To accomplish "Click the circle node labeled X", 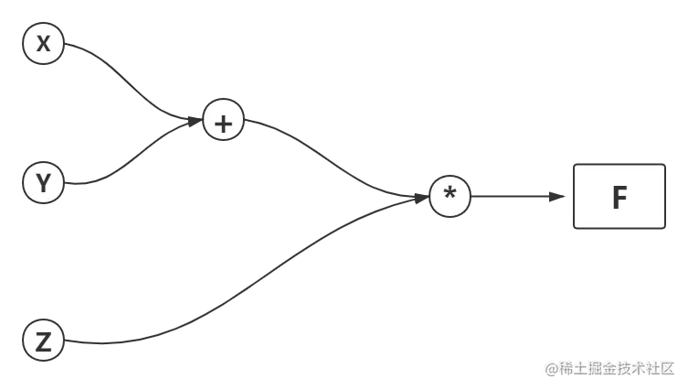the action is [43, 43].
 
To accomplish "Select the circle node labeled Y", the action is [43, 183].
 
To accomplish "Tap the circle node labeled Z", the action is [43, 341].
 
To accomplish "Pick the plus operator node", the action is [223, 120].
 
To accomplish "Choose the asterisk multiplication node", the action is [450, 196].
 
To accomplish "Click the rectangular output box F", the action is [619, 196].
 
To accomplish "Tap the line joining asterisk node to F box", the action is [516, 195].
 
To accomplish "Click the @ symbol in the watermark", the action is [550, 367].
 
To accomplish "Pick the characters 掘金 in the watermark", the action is [597, 367].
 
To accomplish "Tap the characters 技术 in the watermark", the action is [624, 367].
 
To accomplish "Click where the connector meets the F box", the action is [571, 196].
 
